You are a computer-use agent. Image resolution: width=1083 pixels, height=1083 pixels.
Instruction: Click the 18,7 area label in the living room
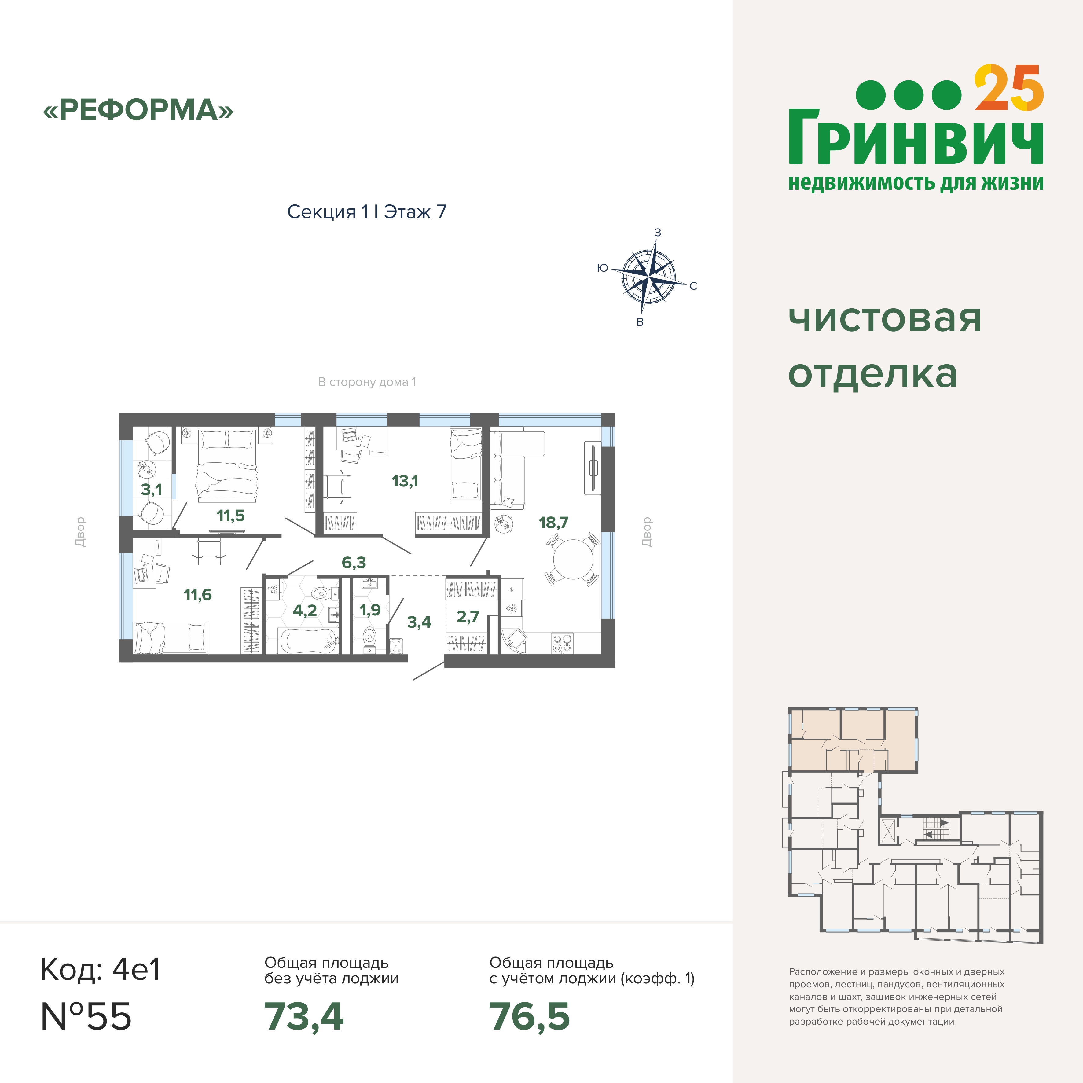tap(553, 523)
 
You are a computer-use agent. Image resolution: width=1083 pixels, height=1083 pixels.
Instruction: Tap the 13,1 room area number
tap(405, 481)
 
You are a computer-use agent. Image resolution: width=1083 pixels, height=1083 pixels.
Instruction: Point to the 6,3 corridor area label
tap(354, 562)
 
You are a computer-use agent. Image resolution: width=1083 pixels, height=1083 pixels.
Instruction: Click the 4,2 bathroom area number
tap(305, 611)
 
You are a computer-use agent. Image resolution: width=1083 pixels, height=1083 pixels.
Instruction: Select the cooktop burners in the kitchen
tap(562, 643)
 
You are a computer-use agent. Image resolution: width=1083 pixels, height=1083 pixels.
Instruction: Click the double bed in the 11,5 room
tap(226, 466)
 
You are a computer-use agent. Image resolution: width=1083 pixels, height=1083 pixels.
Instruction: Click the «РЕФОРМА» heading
tap(138, 110)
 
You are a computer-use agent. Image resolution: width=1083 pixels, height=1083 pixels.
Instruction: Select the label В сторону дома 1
tap(367, 382)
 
